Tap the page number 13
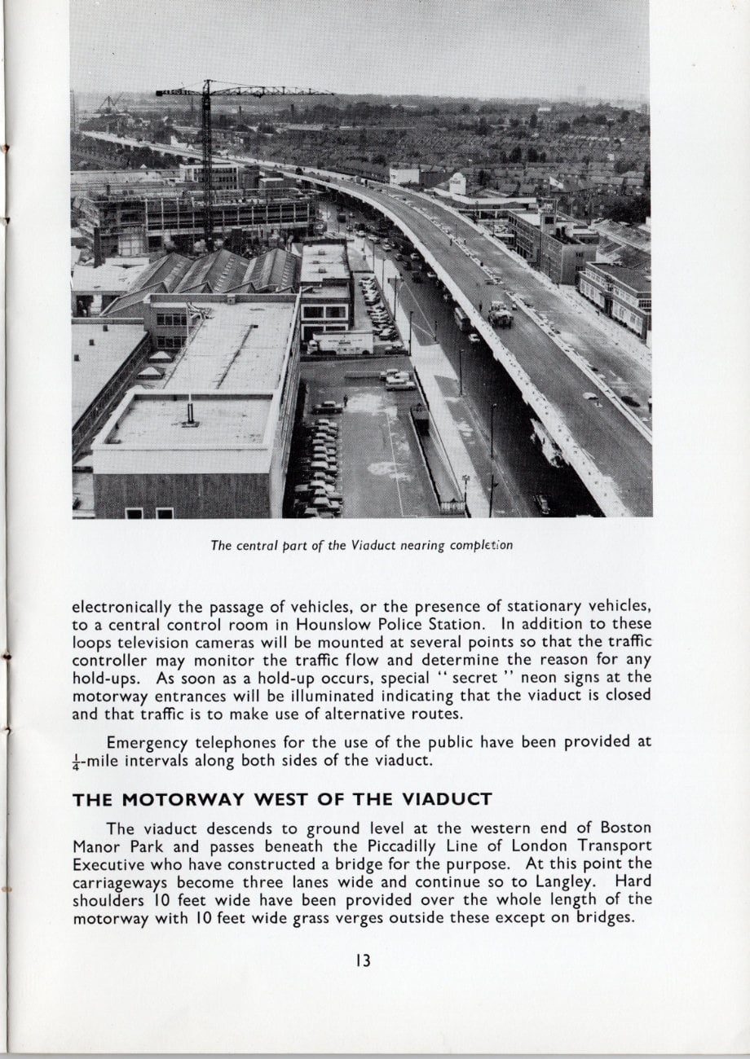(363, 961)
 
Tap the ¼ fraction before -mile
(77, 762)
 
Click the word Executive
(109, 863)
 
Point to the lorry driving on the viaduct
(500, 314)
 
